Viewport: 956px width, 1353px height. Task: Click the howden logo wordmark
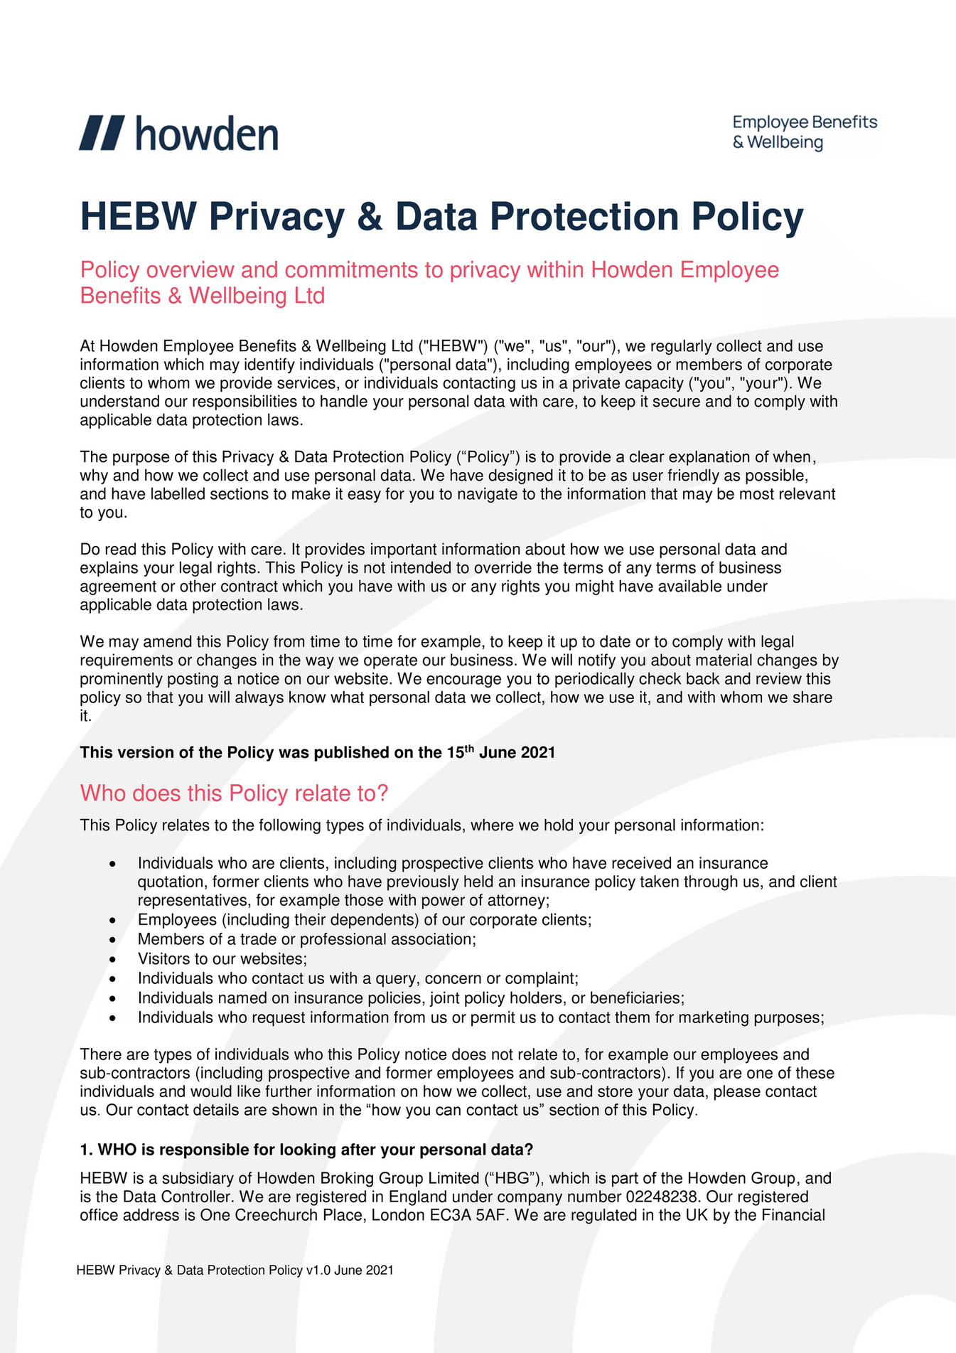(206, 134)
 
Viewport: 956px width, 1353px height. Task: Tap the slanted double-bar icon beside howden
(102, 133)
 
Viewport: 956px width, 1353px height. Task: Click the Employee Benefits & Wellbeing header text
(805, 132)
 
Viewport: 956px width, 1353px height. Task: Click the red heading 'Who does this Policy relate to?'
(234, 793)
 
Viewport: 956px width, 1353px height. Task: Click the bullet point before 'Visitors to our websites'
(112, 960)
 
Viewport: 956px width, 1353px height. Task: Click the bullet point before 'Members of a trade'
(112, 940)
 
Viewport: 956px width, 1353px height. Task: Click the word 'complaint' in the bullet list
(542, 978)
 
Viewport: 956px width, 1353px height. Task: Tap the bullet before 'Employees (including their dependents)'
(112, 921)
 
